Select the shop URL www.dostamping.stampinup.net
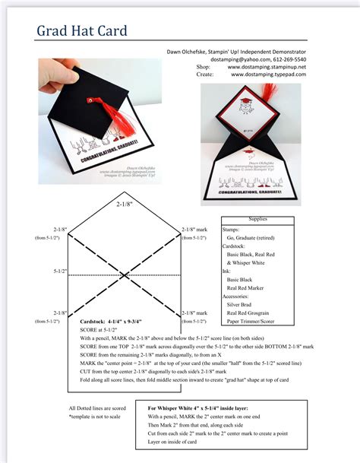pos(267,67)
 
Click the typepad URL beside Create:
pos(267,75)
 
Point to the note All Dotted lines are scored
pos(98,408)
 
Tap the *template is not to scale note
pos(96,418)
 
